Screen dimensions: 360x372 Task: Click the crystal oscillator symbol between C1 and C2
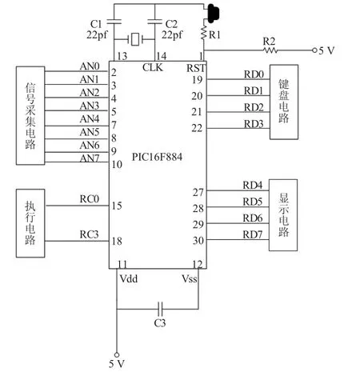(x=135, y=40)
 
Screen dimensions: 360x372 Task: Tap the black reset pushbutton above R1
(x=213, y=13)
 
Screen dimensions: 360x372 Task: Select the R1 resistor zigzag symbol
(x=204, y=32)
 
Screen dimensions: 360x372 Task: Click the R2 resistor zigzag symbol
(x=270, y=50)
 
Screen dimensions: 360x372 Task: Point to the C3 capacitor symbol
(x=160, y=309)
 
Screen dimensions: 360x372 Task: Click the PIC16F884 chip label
(x=157, y=157)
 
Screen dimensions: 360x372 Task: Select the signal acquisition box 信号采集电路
(x=30, y=115)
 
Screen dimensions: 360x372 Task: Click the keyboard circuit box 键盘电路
(x=284, y=102)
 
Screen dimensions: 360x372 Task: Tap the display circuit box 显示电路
(x=283, y=215)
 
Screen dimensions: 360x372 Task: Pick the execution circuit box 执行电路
(x=30, y=223)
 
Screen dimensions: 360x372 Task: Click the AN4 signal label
(x=90, y=119)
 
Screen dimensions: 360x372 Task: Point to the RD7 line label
(x=253, y=234)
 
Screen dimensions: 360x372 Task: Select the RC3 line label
(x=89, y=234)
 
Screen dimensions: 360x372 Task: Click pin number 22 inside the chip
(x=197, y=128)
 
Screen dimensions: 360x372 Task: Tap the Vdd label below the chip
(x=129, y=279)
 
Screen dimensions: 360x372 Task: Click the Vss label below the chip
(x=190, y=279)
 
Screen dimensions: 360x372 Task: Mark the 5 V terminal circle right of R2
(x=314, y=50)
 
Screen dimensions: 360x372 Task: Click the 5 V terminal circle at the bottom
(x=117, y=354)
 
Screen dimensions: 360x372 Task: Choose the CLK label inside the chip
(x=153, y=67)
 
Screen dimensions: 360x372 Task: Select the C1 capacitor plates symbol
(x=114, y=22)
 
